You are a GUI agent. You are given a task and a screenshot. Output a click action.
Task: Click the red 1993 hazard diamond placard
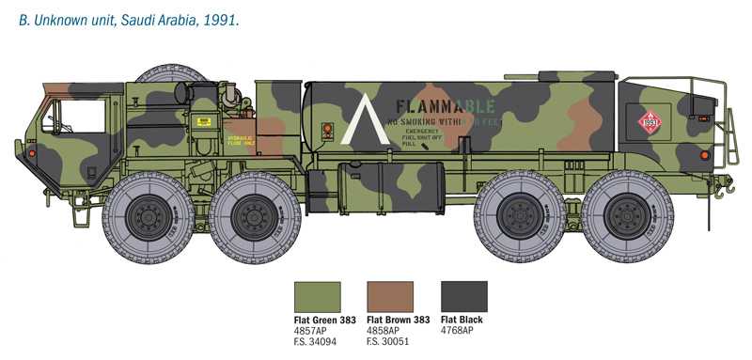coord(650,121)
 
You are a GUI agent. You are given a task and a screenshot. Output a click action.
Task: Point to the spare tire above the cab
coord(173,75)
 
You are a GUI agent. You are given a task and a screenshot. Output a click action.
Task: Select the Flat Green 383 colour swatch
coord(318,297)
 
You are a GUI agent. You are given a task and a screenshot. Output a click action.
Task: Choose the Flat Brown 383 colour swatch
coord(390,297)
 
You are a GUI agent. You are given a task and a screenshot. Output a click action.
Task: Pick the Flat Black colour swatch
coord(464,297)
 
